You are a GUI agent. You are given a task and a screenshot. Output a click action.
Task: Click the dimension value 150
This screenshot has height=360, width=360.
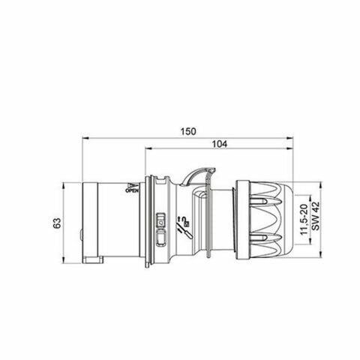pos(188,131)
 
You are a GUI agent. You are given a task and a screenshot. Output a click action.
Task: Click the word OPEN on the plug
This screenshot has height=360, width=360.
pos(132,191)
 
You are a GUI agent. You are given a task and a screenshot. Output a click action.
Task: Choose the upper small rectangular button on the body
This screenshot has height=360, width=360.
pos(160,221)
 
